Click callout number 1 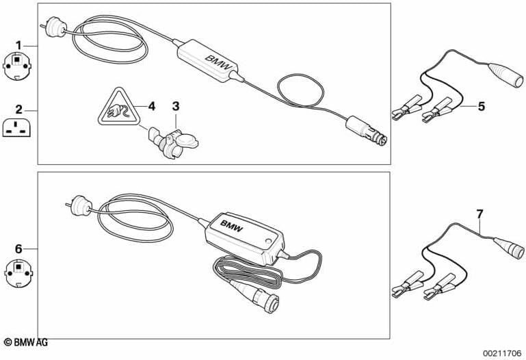click(x=18, y=45)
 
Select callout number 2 click(x=18, y=110)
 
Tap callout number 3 click(x=176, y=106)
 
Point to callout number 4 click(x=152, y=106)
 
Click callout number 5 click(x=482, y=106)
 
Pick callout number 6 click(x=18, y=249)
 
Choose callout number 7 click(x=479, y=214)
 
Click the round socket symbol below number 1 click(x=18, y=66)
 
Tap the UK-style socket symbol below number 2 click(x=18, y=128)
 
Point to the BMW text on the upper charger click(x=218, y=62)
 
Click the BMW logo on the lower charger click(x=231, y=225)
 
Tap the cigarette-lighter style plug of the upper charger click(x=367, y=131)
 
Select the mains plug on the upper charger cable click(x=54, y=27)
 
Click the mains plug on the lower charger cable click(x=79, y=205)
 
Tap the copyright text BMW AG click(x=26, y=342)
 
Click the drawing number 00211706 click(x=502, y=353)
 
